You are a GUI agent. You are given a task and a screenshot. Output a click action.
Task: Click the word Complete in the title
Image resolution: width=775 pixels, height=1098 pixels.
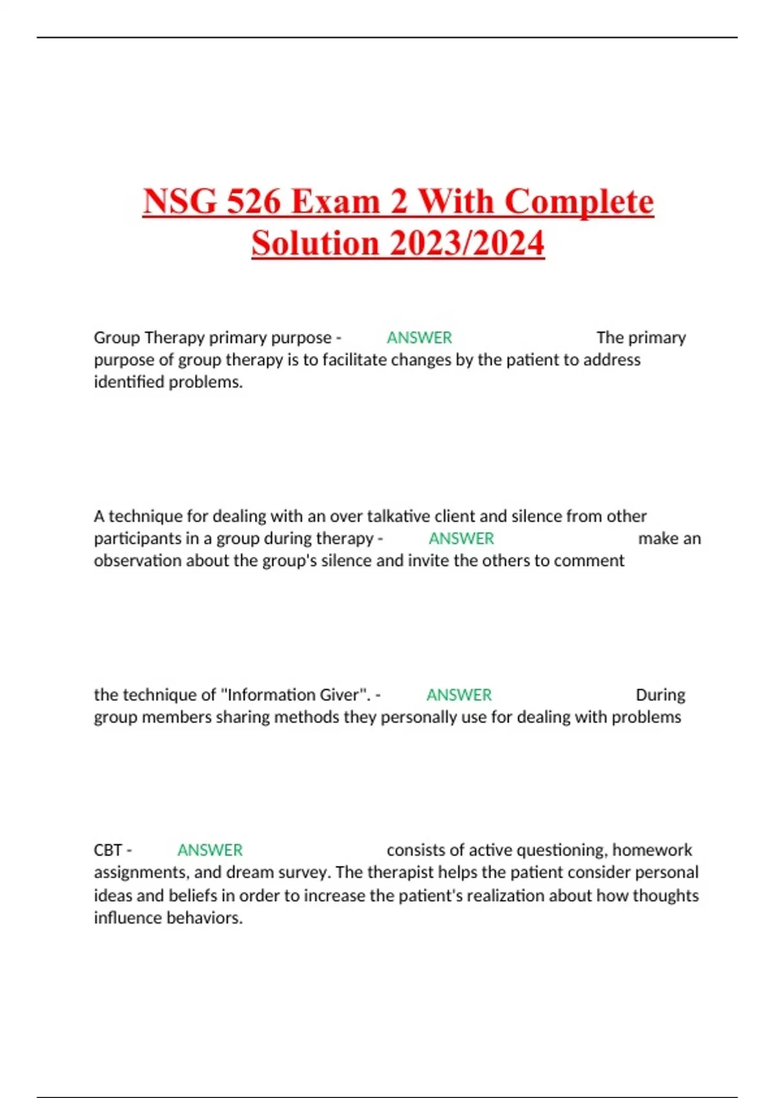pyautogui.click(x=579, y=202)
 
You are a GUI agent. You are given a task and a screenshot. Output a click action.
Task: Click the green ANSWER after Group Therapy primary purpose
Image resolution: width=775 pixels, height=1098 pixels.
pyautogui.click(x=419, y=338)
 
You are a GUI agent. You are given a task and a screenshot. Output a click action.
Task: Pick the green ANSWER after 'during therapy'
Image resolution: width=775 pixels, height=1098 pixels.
pyautogui.click(x=461, y=539)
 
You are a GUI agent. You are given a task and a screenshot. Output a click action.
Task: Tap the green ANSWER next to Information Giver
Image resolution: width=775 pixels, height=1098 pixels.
pyautogui.click(x=459, y=695)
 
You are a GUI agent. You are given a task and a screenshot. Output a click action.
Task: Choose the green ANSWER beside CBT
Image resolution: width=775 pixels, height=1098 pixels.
pyautogui.click(x=210, y=850)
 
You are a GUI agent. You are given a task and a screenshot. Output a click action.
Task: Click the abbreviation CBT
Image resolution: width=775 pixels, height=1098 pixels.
pyautogui.click(x=108, y=850)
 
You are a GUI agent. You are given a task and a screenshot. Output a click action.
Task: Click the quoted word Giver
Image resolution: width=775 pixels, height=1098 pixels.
pyautogui.click(x=340, y=695)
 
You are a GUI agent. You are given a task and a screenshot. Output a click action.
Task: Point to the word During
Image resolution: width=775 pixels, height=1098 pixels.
pyautogui.click(x=660, y=695)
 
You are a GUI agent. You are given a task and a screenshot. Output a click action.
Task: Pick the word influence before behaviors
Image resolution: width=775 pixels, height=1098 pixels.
pyautogui.click(x=125, y=918)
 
